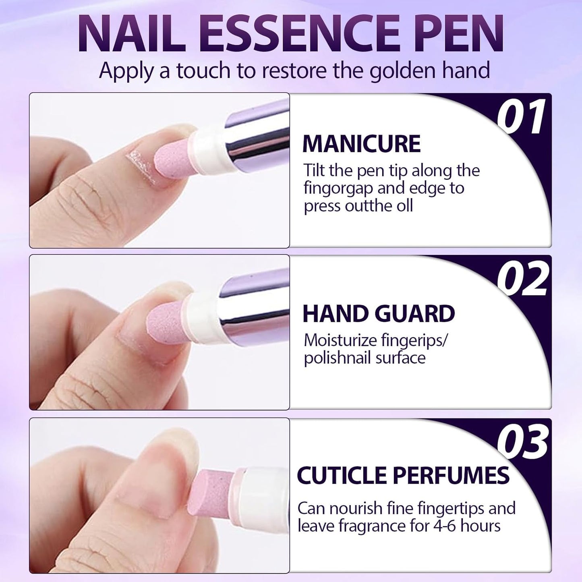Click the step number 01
click(x=521, y=118)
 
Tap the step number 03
click(x=522, y=442)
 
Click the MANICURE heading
click(x=361, y=144)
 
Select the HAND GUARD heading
click(x=379, y=314)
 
